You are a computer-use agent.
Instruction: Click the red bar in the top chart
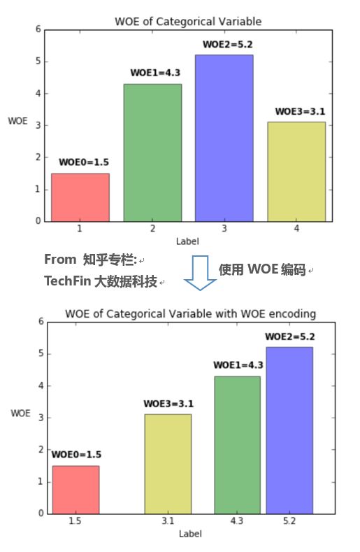coord(80,197)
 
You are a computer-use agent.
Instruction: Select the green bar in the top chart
coord(152,153)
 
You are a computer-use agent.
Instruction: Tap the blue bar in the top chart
coord(224,138)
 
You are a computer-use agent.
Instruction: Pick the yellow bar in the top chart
coord(296,171)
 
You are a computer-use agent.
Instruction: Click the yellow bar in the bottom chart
coord(168,464)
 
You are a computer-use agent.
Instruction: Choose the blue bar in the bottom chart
coord(289,430)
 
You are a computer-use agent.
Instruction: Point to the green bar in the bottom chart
coord(237,445)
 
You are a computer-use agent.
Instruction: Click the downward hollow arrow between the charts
coord(201,273)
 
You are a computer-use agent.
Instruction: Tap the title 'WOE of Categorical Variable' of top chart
coord(188,22)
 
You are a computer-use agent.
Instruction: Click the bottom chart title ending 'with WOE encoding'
coord(191,313)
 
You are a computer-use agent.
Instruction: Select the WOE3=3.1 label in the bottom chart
coord(168,404)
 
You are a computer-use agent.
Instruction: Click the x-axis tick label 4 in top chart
coord(296,229)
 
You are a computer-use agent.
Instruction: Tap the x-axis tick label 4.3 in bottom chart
coord(237,521)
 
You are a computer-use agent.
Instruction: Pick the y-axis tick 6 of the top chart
coord(38,29)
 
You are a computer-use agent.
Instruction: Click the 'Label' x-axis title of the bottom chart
coord(190,534)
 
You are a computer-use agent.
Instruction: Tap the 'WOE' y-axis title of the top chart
coord(17,120)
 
